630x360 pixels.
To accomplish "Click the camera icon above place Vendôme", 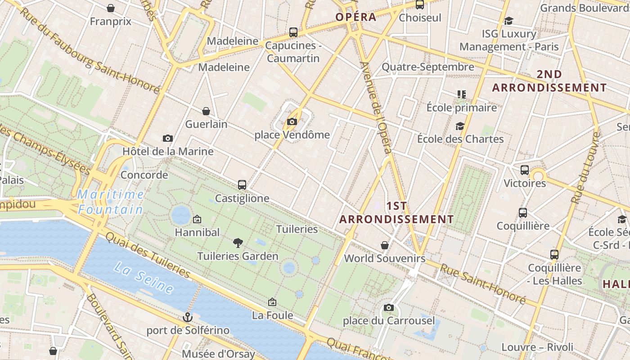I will (x=292, y=121).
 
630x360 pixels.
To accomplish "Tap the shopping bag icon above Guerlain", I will (x=206, y=111).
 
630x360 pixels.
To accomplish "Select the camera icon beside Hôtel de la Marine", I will (x=168, y=138).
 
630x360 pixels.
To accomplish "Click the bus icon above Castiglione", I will (x=242, y=185).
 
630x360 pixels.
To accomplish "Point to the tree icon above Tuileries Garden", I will (x=238, y=243).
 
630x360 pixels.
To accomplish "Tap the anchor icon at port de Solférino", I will (x=188, y=318).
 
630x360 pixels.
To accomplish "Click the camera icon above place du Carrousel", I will (x=389, y=307).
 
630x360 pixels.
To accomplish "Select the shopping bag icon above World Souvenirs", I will (x=385, y=245).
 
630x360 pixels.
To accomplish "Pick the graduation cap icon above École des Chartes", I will (x=460, y=126).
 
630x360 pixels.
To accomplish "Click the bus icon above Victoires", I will (x=525, y=170).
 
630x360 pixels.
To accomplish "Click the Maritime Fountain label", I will (x=111, y=202).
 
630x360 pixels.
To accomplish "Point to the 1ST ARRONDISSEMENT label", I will (x=396, y=213).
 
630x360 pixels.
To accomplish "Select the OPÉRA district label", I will (x=355, y=17).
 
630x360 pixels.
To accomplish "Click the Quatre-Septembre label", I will (x=427, y=67).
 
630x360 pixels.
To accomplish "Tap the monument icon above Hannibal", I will (x=197, y=220).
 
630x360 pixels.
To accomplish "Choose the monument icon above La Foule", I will (x=272, y=302).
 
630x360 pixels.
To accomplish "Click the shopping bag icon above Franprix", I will (x=111, y=8).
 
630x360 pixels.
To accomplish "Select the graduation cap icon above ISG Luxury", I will (x=509, y=21).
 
